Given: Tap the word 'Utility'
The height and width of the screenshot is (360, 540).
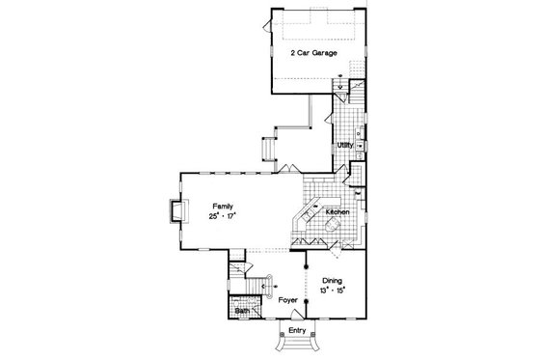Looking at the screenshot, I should (x=345, y=144).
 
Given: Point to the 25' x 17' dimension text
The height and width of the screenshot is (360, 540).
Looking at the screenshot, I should (x=225, y=217).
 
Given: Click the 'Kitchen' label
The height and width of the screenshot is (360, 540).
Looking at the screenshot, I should (x=337, y=211).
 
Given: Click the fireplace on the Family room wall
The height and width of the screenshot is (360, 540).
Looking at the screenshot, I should (x=174, y=212).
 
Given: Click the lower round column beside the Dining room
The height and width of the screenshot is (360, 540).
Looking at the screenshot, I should (x=308, y=302).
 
